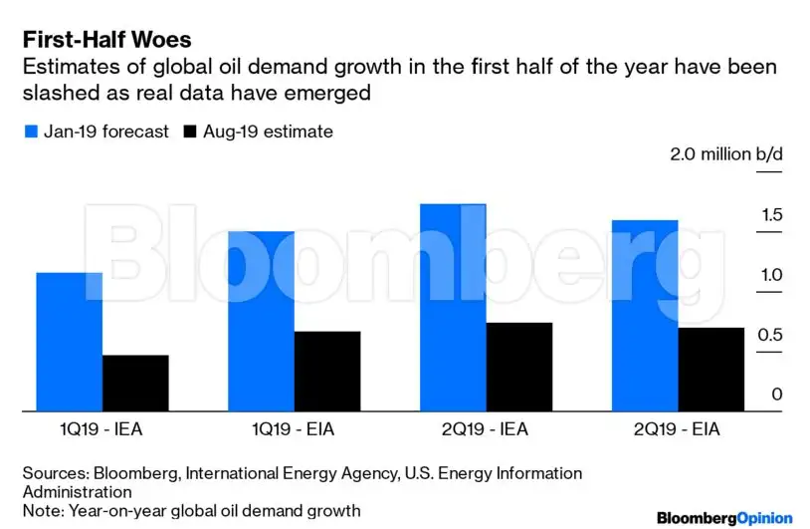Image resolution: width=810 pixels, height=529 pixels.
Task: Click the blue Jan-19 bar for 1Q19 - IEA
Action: (70, 341)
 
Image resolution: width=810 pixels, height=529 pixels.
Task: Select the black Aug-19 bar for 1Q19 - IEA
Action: (135, 383)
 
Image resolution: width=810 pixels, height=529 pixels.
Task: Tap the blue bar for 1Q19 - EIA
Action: (261, 321)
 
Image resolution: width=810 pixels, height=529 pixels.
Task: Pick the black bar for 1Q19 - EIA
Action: (326, 371)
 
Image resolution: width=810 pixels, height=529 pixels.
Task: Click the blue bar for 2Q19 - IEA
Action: (453, 307)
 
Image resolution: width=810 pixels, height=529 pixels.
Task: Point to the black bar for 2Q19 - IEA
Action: (518, 366)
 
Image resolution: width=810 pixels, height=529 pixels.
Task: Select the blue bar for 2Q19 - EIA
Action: (644, 315)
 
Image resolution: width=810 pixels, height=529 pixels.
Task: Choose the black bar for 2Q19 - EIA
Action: (709, 369)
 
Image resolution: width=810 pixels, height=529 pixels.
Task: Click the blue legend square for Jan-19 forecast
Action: (29, 132)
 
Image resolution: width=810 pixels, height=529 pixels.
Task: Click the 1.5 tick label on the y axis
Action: (770, 215)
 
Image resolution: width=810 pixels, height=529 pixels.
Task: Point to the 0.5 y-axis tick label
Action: (770, 335)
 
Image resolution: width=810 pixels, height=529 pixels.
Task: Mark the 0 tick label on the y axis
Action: (776, 395)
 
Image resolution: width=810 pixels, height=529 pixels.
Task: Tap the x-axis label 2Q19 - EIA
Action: (677, 430)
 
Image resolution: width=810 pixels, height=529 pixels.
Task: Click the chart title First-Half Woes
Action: (106, 40)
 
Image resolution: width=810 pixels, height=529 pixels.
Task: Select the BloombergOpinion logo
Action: (724, 518)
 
